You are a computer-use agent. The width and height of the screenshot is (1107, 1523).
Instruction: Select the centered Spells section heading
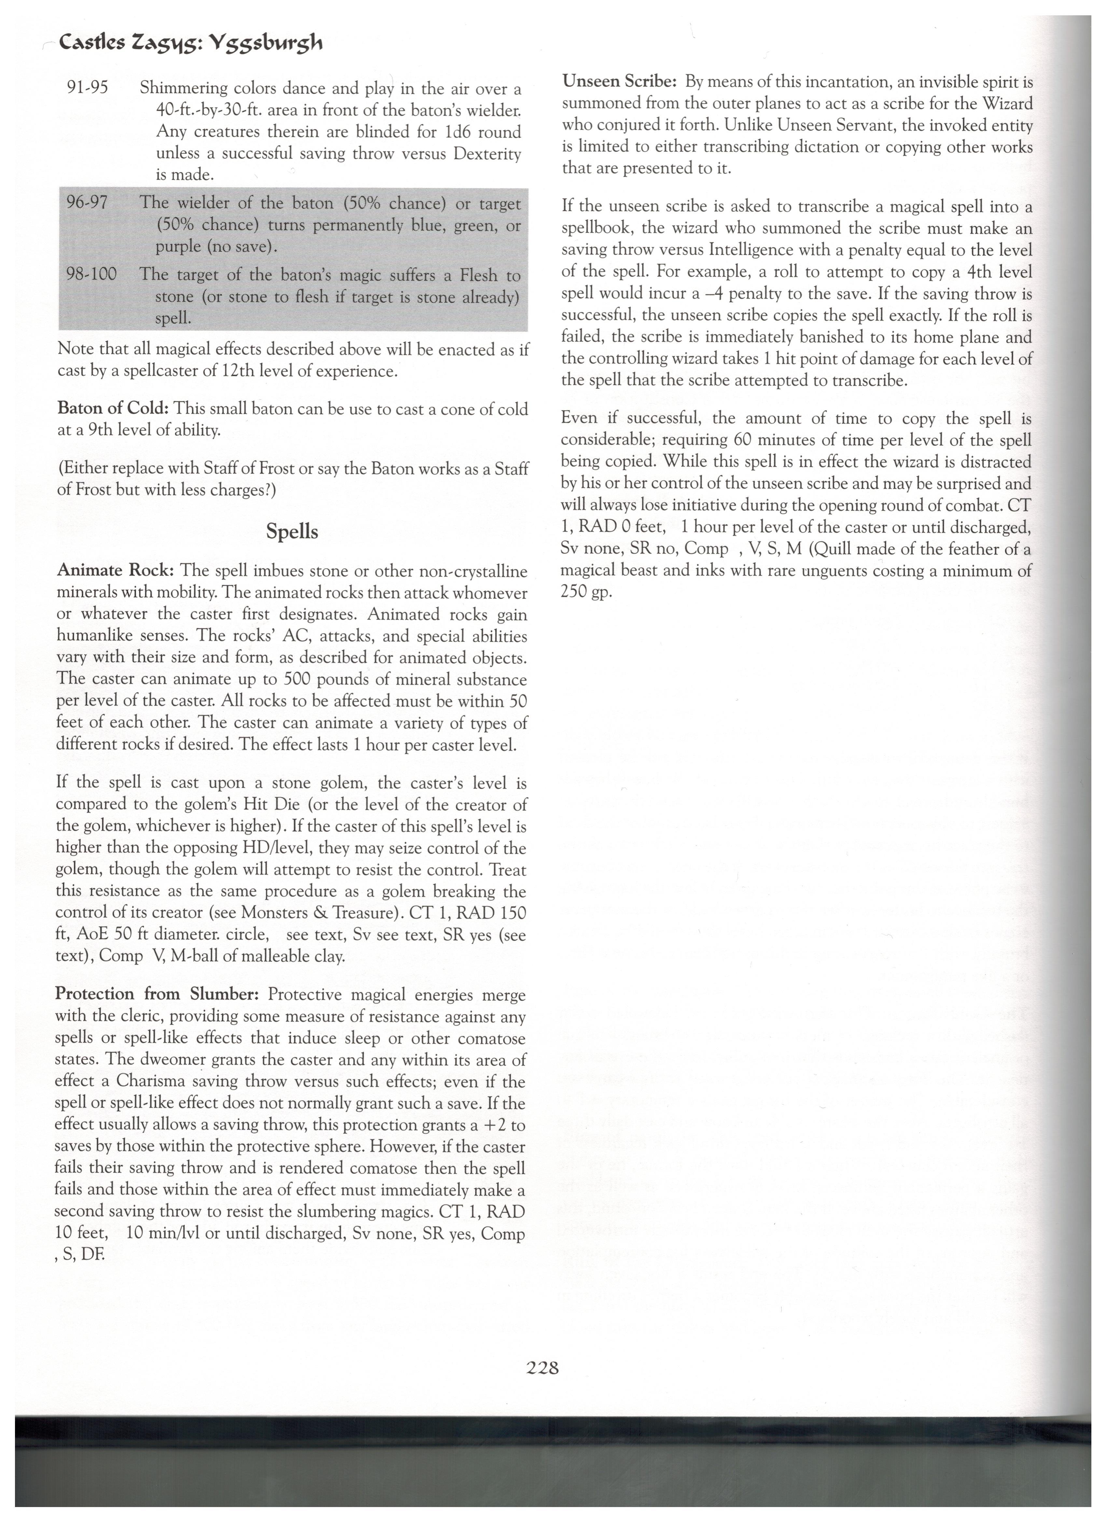(292, 532)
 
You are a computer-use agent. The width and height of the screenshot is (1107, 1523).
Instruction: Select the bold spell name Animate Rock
(116, 571)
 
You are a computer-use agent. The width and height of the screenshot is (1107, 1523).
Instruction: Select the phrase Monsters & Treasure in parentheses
(318, 913)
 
